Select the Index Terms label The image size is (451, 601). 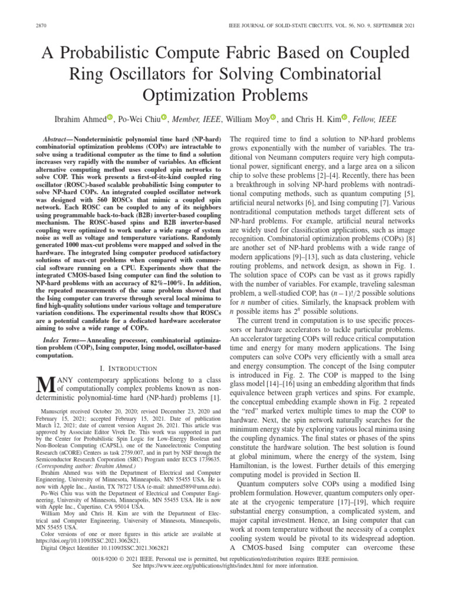[x=66, y=341]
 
